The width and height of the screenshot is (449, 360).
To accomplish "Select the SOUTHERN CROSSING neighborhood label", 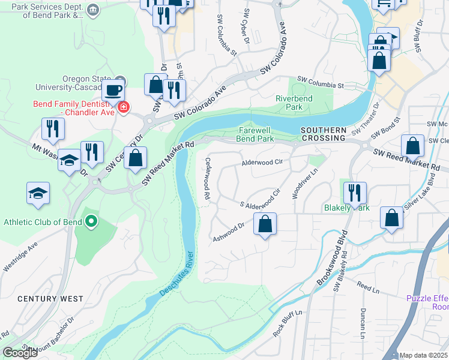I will point(324,134).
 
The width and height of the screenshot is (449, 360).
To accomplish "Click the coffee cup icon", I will point(112,91).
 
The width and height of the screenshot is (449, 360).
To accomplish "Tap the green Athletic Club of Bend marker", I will point(91,222).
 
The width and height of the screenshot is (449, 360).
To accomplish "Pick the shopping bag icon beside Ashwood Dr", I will point(265,224).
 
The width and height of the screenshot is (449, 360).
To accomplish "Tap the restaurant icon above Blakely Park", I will point(354,193).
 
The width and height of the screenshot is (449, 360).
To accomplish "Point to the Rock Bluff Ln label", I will point(288,323).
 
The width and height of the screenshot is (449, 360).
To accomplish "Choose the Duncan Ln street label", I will point(363,322).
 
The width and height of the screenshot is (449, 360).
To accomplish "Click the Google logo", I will point(20,353).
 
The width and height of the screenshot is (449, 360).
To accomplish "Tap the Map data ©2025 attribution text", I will point(423,355).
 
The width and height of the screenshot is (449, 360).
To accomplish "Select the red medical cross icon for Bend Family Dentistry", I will point(124,107).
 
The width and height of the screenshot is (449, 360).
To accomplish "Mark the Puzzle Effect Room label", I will point(427,302).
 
